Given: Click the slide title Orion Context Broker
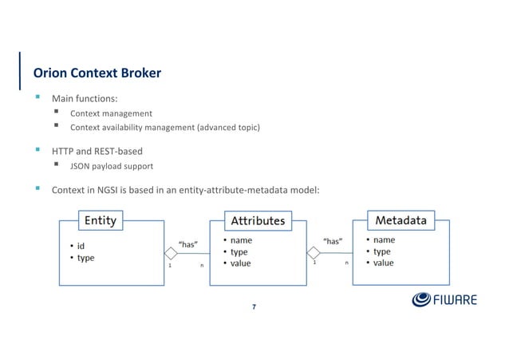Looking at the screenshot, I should pos(97,73).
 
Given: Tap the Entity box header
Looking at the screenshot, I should pos(100,220).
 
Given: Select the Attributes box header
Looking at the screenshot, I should pos(258,220).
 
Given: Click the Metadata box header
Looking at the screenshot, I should pos(400,220).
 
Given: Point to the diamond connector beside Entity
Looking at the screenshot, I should pos(170,254).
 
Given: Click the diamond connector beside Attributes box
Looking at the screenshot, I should pos(314,253).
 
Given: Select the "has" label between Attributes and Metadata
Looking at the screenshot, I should pos(332,240).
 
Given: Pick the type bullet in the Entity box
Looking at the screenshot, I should pos(85,259).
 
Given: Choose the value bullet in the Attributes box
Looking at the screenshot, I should pos(240,263).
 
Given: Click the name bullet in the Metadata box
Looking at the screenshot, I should pos(384,239).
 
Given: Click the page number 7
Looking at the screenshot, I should pos(254,306).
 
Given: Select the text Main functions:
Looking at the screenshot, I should pos(85,99).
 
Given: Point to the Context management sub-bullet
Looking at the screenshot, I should pos(111,113).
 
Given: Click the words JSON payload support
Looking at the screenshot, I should pos(111,166).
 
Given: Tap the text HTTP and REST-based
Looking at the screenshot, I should pos(97,151).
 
